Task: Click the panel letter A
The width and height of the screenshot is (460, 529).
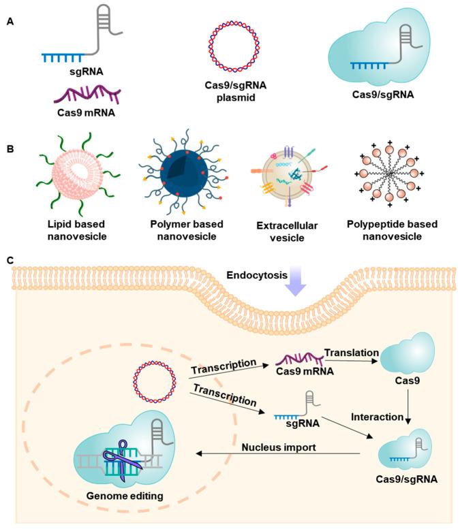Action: pyautogui.click(x=10, y=22)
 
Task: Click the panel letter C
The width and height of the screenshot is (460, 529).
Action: pyautogui.click(x=10, y=280)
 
